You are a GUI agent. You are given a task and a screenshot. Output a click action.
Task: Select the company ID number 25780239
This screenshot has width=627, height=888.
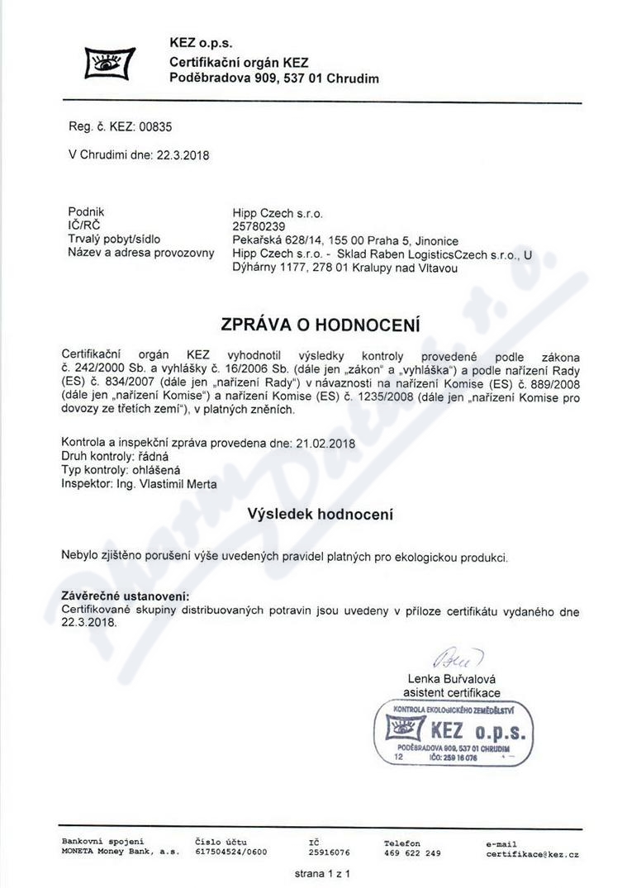pos(259,226)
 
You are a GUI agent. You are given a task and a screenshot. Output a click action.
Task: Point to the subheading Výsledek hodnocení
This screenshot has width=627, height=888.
pos(321,514)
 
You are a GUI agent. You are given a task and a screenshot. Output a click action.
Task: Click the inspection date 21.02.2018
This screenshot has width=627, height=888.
pos(325,443)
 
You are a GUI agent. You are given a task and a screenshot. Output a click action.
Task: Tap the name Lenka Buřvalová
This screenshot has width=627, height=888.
pos(452,679)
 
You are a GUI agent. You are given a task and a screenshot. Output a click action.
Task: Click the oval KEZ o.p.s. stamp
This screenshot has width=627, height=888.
pos(453,732)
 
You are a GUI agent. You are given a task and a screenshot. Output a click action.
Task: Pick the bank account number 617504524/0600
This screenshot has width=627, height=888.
pos(231,852)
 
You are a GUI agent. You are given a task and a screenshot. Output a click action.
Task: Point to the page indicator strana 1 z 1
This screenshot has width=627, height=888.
pos(323,873)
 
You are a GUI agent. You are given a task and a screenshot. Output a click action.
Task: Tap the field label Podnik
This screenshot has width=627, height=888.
pos(86,211)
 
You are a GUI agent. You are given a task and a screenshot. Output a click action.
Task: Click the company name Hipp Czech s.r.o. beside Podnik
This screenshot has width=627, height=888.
pos(278,212)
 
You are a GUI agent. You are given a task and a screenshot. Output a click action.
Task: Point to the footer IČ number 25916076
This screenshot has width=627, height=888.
pos(329,852)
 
